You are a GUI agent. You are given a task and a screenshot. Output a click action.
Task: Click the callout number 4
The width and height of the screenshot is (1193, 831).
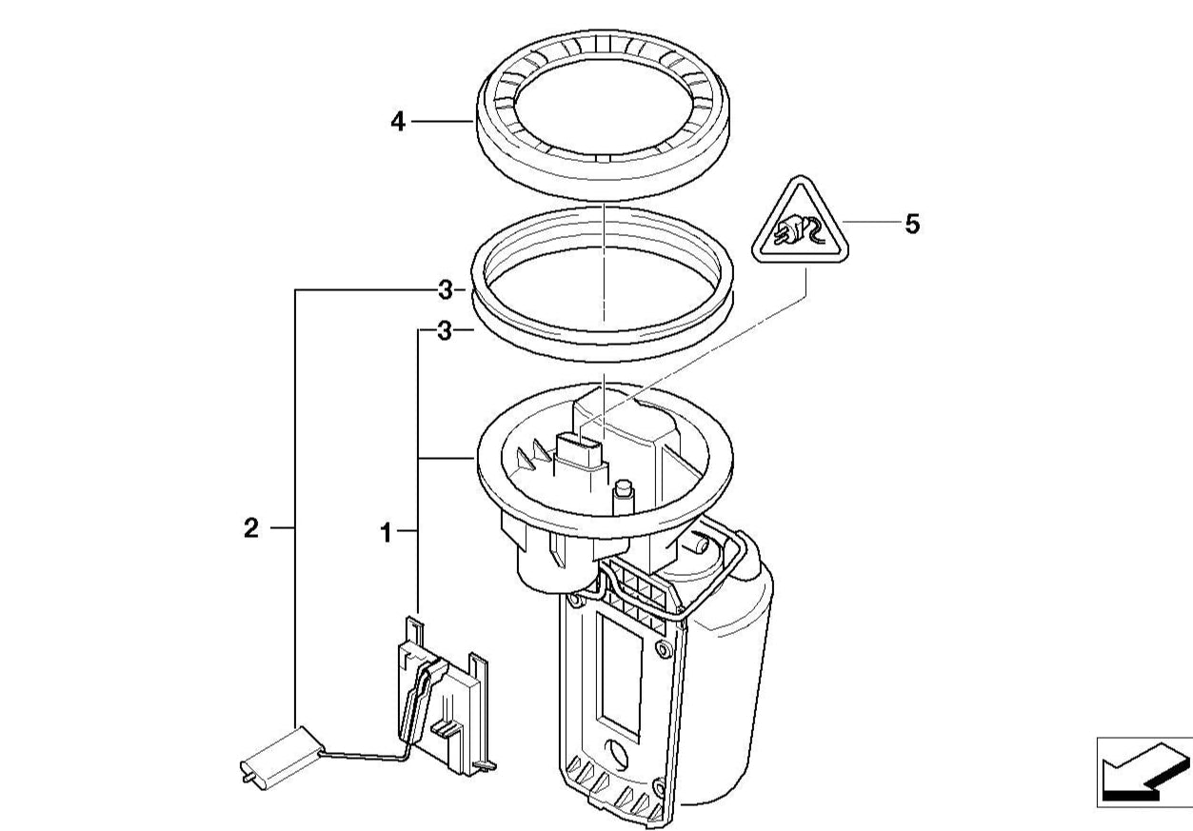(398, 123)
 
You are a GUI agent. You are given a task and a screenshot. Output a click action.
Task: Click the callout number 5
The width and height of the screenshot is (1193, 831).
(912, 224)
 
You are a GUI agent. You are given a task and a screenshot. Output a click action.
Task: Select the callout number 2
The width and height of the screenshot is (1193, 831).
(250, 528)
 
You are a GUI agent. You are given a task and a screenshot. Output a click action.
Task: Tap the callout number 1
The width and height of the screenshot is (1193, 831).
(387, 533)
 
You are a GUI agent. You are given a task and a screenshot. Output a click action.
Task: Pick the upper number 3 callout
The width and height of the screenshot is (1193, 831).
(446, 290)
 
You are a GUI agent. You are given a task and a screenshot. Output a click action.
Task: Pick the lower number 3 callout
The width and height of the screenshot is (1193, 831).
(445, 331)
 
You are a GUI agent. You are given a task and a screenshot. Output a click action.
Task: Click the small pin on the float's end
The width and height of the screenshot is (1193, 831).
(248, 778)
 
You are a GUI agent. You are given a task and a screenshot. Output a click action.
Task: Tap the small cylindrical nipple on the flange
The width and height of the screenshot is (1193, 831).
(623, 497)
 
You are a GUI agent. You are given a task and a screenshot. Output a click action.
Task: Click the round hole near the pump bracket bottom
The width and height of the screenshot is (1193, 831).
(618, 753)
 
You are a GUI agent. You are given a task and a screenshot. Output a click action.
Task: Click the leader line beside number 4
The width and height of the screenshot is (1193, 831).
(442, 122)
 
